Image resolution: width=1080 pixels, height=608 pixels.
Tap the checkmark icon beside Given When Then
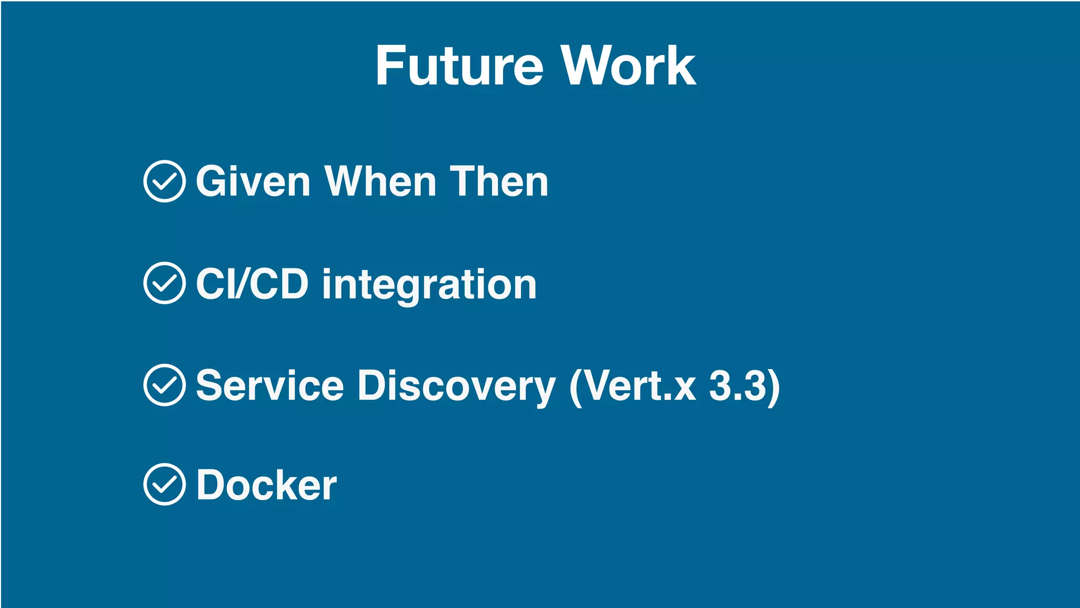(165, 181)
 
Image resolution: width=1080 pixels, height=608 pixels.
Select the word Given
(253, 181)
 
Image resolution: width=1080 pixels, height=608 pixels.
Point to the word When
(380, 181)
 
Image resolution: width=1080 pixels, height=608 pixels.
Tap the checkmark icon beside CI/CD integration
(165, 283)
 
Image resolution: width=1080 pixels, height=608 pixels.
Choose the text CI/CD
(252, 284)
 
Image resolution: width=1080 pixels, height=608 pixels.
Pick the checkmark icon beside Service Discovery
(165, 385)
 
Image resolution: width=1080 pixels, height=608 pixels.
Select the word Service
(270, 385)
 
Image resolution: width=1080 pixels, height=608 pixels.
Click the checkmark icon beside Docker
(165, 485)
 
